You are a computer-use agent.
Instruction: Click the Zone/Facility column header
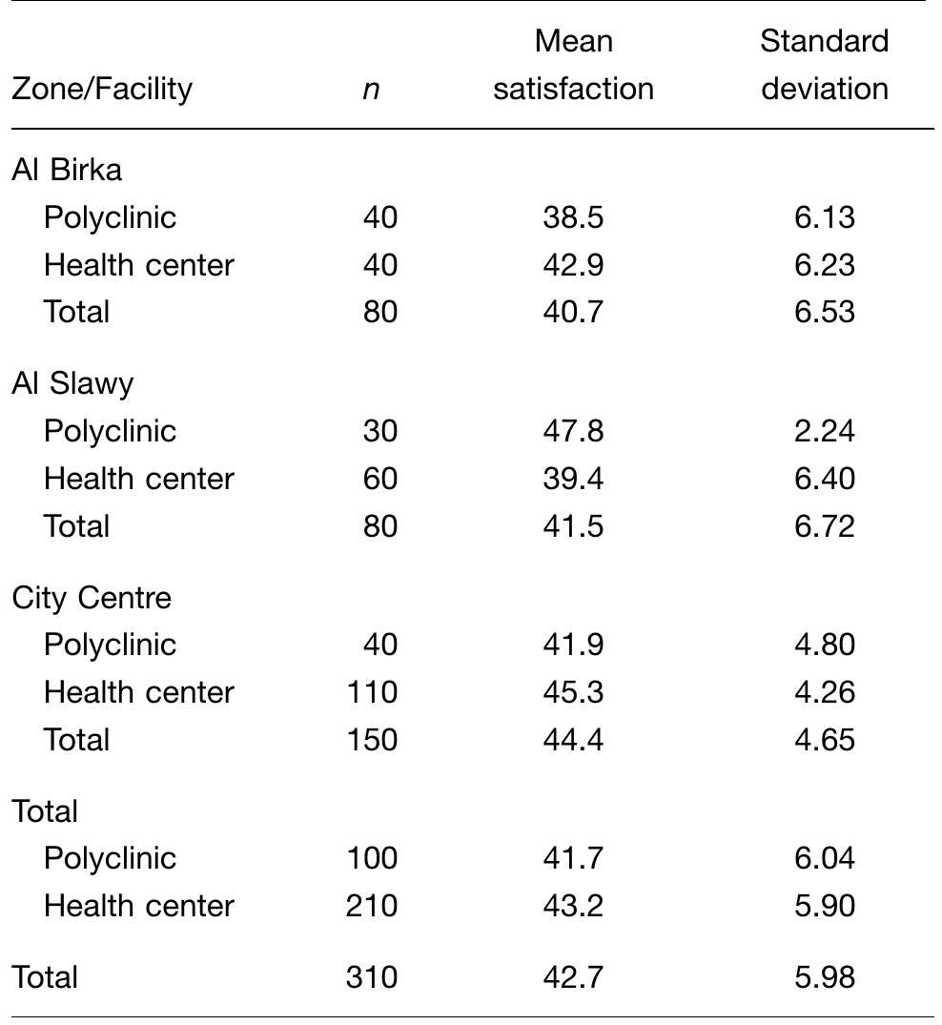pos(102,89)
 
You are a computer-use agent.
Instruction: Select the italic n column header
pos(371,89)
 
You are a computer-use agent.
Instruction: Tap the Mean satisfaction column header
pos(573,65)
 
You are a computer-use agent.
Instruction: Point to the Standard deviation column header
pos(824,65)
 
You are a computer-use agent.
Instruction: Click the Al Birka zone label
pos(67,170)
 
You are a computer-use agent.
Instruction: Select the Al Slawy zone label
pos(72,383)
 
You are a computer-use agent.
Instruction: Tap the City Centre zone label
pos(92,598)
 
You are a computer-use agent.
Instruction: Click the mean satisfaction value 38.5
pos(573,217)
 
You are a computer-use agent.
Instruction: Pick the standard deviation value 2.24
pos(824,431)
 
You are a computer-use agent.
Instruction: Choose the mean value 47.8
pos(573,431)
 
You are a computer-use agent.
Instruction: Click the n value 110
pos(371,692)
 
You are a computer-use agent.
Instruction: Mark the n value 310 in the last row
pos(371,977)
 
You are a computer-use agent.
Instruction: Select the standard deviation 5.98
pos(824,977)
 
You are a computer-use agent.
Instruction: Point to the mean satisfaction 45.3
pos(573,692)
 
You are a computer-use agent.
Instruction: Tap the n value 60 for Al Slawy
pos(379,479)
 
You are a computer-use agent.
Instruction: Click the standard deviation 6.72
pos(824,526)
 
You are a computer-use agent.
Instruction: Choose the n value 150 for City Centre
pos(371,740)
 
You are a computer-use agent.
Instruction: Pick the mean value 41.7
pos(573,858)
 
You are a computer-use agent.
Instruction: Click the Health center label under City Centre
pos(138,692)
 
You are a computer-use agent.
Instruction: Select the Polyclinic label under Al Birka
pos(110,217)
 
